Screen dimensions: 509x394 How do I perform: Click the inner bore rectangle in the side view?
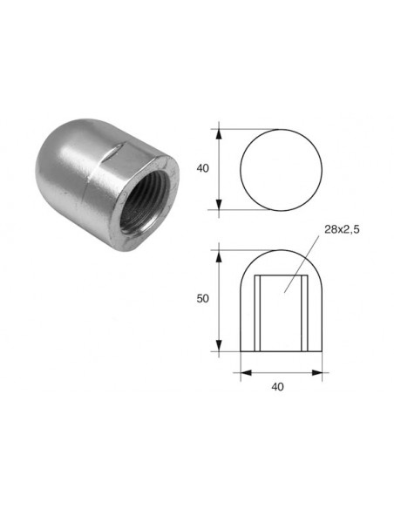tap(282, 309)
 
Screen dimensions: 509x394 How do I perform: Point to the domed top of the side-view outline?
tap(281, 252)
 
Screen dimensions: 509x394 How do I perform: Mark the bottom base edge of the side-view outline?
tap(281, 351)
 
